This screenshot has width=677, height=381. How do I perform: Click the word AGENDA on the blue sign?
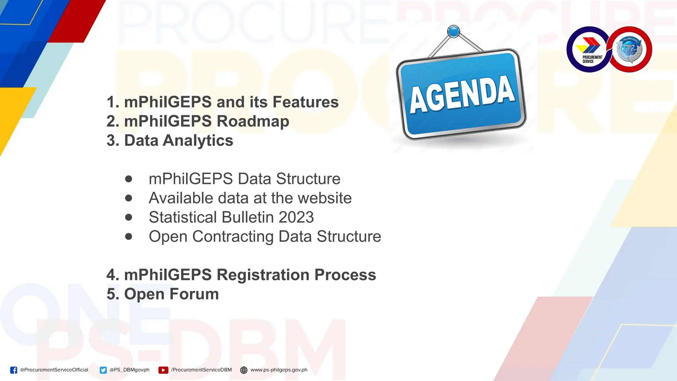(462, 95)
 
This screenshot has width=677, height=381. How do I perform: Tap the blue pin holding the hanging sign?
(454, 32)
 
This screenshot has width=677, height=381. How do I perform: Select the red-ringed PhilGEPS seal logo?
(629, 50)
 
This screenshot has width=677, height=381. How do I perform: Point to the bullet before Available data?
(129, 198)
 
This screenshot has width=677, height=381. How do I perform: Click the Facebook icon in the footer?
(14, 370)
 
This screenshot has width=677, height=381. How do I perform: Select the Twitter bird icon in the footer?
(103, 370)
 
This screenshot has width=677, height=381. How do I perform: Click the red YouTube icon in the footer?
(163, 370)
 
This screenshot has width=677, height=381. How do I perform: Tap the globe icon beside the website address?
(244, 370)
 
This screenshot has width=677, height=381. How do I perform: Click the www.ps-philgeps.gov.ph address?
(279, 370)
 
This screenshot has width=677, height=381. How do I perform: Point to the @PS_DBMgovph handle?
(129, 370)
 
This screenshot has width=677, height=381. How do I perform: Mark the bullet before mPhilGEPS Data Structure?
(129, 179)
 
